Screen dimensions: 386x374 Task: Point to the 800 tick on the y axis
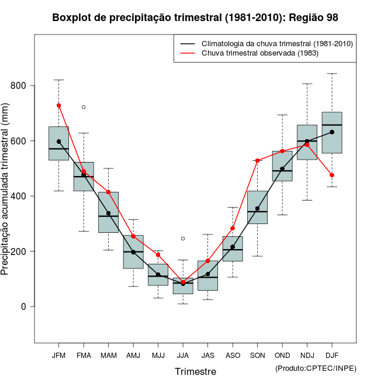click(x=22, y=86)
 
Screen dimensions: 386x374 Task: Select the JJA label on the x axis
click(x=183, y=355)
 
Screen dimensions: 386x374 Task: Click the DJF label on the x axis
click(x=332, y=355)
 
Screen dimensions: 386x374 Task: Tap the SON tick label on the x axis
click(x=257, y=355)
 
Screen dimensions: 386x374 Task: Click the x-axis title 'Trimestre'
click(x=195, y=371)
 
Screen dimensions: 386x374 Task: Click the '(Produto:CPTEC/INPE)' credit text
click(x=316, y=368)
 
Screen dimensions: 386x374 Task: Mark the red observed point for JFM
click(x=58, y=105)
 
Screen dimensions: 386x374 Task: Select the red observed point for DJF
click(x=332, y=175)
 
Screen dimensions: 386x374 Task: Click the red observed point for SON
click(x=257, y=160)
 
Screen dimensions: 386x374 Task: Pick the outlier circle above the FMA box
click(x=84, y=107)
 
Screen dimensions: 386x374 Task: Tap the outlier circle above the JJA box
click(x=183, y=239)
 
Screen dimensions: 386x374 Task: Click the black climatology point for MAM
click(x=108, y=213)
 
